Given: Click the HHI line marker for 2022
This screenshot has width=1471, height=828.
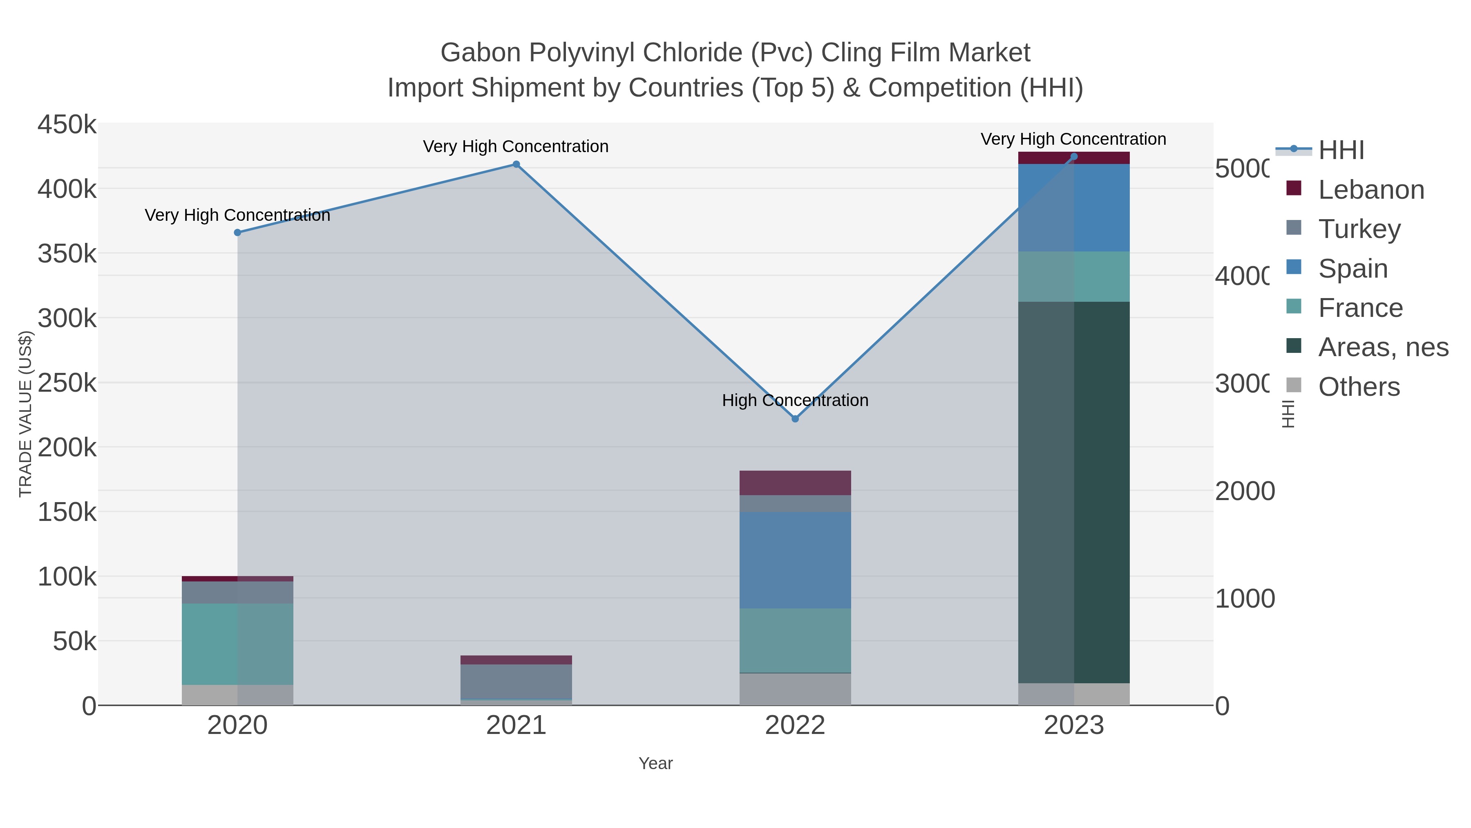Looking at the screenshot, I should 795,419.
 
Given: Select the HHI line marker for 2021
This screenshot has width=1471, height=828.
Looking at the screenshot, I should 516,164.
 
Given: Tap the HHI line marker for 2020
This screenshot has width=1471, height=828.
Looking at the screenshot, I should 237,233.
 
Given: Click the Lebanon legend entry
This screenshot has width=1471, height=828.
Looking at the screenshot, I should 1370,190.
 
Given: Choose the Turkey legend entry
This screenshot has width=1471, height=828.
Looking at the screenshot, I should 1359,229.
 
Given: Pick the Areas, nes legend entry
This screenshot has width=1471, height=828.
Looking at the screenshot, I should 1382,348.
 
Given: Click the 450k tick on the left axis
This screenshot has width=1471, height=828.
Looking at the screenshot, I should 67,125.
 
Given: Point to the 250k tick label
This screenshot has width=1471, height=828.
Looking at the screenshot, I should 67,383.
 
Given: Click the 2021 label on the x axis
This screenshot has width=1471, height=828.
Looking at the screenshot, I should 516,726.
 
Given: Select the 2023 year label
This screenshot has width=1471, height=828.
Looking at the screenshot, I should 1073,726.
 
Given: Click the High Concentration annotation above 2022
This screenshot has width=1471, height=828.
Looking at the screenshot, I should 795,401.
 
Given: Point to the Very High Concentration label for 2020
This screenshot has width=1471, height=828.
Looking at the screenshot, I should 237,215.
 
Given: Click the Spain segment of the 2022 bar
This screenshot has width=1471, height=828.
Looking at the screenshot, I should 795,560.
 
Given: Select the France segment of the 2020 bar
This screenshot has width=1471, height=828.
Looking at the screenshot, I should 237,644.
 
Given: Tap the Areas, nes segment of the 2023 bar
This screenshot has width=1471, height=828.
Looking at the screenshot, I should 1073,491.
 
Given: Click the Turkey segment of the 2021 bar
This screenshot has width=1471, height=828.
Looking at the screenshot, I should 516,681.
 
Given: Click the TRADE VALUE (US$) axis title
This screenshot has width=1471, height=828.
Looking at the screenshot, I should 26,414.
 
